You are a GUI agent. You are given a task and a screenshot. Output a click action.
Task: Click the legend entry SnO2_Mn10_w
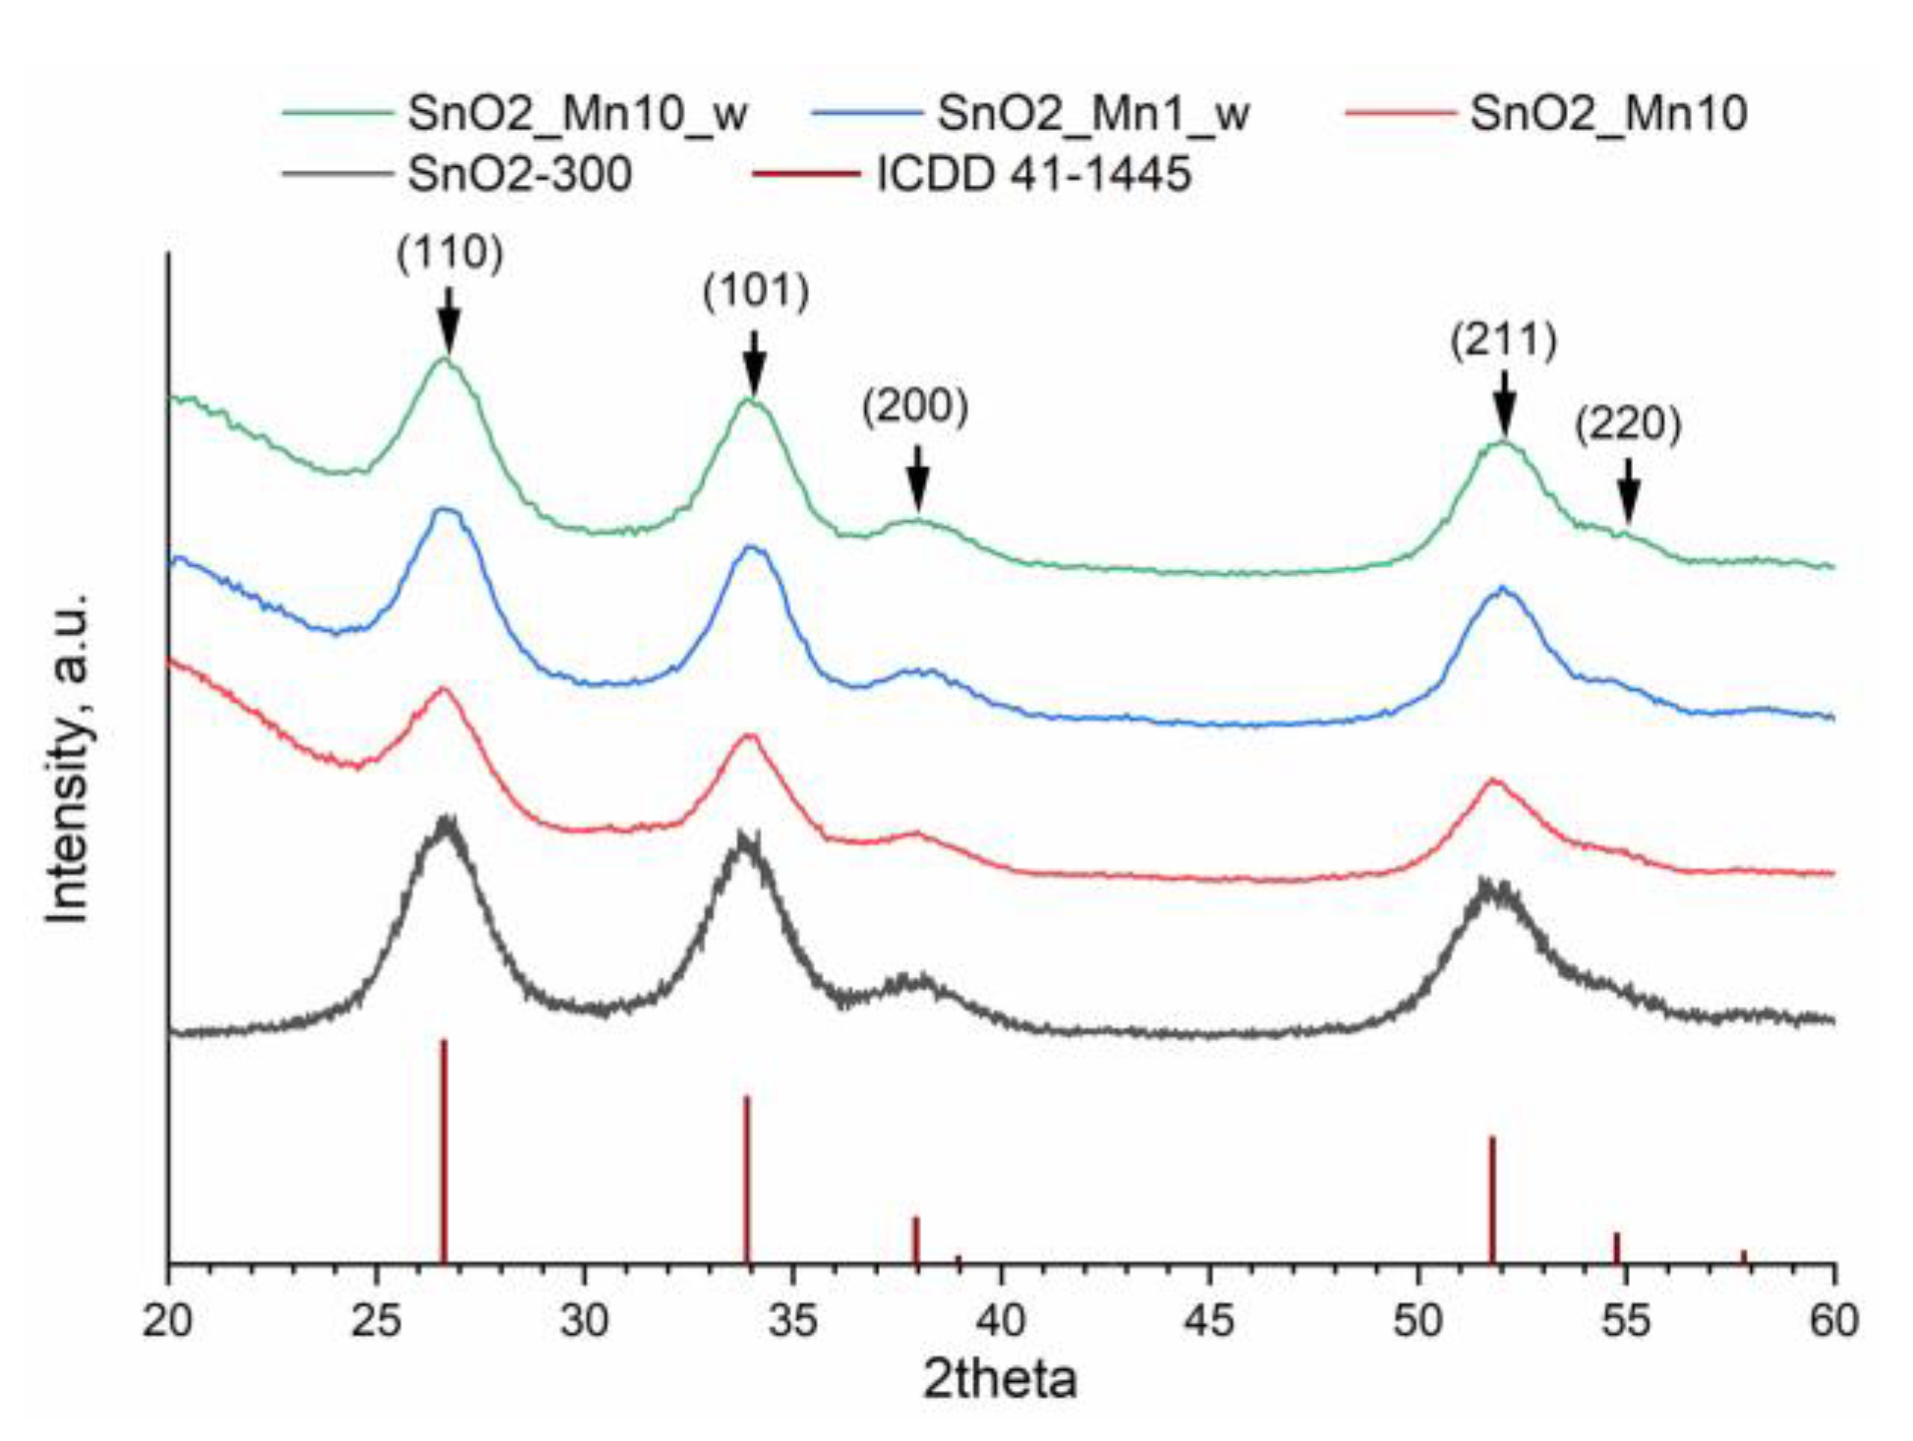tap(577, 113)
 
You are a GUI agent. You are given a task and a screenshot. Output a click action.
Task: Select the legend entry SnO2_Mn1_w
tap(1092, 113)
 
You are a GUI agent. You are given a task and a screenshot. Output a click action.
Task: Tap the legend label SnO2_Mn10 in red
tap(1608, 113)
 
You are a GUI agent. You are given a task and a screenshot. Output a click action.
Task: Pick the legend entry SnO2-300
tap(519, 175)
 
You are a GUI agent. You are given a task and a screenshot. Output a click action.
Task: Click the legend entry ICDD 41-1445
tap(1033, 175)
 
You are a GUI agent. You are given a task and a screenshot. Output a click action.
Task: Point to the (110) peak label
tap(449, 254)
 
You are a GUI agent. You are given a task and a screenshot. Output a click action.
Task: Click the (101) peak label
tap(755, 292)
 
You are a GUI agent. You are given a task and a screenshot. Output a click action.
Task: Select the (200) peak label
tap(915, 406)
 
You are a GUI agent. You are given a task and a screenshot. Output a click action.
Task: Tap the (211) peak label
tap(1503, 341)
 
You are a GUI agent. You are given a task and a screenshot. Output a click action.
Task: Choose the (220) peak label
tap(1628, 425)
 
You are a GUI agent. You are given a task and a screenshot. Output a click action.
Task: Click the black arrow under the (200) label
tap(917, 477)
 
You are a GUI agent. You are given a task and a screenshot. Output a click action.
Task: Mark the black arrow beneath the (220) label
tap(1629, 491)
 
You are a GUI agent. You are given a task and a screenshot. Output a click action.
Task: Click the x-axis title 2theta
tap(1000, 1379)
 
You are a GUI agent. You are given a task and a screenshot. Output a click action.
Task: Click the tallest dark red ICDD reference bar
tap(443, 1150)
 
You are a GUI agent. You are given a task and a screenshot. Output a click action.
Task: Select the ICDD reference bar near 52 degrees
tap(1491, 1199)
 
